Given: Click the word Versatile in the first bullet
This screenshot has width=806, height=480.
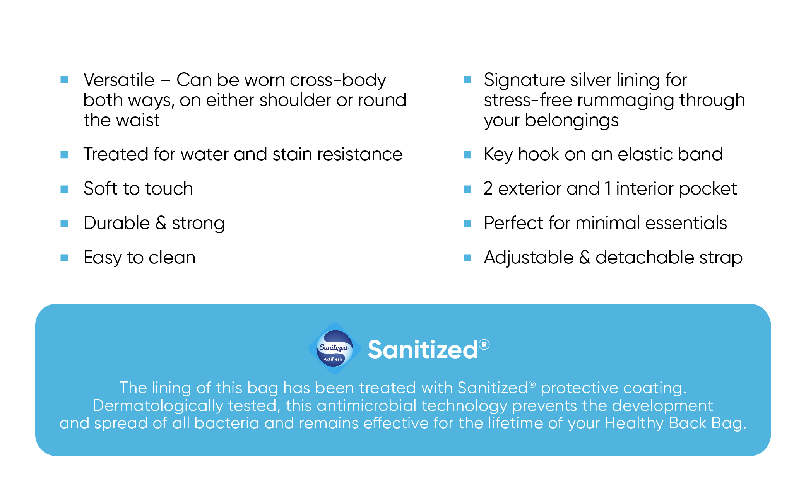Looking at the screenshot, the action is pos(119,80).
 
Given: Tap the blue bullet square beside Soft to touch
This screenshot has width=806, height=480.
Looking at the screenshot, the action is pos(64,189).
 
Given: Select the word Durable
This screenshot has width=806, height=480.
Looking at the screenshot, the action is pos(117,223).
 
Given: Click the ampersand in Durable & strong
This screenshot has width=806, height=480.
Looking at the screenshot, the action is pos(161,223).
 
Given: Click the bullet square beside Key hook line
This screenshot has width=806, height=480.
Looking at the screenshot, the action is pos(467,155).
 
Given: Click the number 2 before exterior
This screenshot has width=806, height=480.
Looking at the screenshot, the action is pos(488,189).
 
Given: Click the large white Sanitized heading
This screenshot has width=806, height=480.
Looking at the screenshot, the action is pos(423,350).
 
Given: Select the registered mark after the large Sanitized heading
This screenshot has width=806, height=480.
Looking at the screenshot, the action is pos(484,344).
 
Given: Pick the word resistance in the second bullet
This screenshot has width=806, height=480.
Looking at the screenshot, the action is pos(360,154).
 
